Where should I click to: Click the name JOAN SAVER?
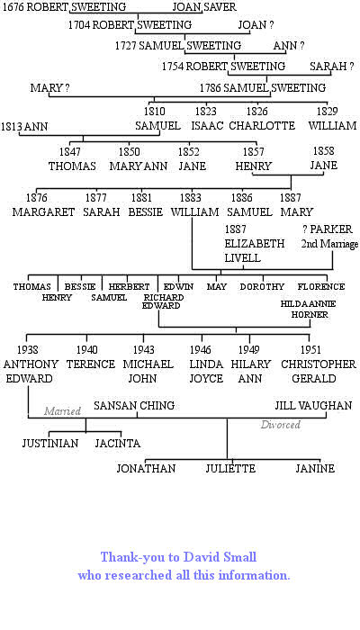[x=204, y=7]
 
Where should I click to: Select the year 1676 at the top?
[x=13, y=7]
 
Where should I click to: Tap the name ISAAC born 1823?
[x=207, y=126]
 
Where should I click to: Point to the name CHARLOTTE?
[x=262, y=126]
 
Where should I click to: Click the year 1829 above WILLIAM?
[x=327, y=112]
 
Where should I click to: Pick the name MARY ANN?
[x=139, y=166]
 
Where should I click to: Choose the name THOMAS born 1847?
[x=72, y=166]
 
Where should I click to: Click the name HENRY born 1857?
[x=254, y=166]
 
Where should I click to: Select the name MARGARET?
[x=43, y=211]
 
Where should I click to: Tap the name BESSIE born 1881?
[x=146, y=211]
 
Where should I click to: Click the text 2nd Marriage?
[x=329, y=244]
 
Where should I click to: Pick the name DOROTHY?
[x=262, y=287]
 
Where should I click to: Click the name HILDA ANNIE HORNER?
[x=308, y=310]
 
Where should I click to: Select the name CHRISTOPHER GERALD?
[x=319, y=371]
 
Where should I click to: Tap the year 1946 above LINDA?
[x=201, y=350]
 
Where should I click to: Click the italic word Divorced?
[x=281, y=425]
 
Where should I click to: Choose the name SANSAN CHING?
[x=134, y=405]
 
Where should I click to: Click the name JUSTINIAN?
[x=50, y=444]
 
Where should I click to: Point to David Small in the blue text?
[x=220, y=557]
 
